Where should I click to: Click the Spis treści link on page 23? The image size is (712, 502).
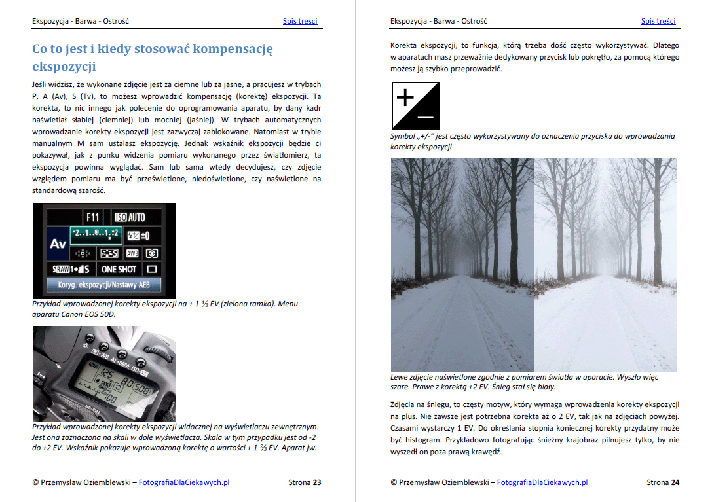pos(300,21)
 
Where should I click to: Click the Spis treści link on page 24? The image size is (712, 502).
pos(658,21)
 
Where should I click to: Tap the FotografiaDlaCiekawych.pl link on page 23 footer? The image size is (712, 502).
pos(184,483)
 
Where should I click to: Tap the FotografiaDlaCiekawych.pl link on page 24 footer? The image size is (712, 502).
pos(542,483)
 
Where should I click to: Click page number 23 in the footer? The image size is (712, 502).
pos(316,483)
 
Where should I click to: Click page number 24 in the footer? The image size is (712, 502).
pos(675,483)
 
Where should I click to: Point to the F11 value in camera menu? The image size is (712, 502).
pos(93,217)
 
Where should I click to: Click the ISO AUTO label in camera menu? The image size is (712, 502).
pos(130,217)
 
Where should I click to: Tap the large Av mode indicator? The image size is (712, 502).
pos(58,243)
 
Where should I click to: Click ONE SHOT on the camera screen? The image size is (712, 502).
pos(119,269)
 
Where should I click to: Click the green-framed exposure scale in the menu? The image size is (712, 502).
pos(96,234)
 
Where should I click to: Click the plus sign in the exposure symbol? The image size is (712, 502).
pos(405,98)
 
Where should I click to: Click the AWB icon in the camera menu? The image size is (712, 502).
pos(132,253)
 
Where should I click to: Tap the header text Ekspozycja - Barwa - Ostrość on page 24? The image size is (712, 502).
pos(438,21)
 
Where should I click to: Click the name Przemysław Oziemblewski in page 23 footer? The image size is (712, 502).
pos(86,483)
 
